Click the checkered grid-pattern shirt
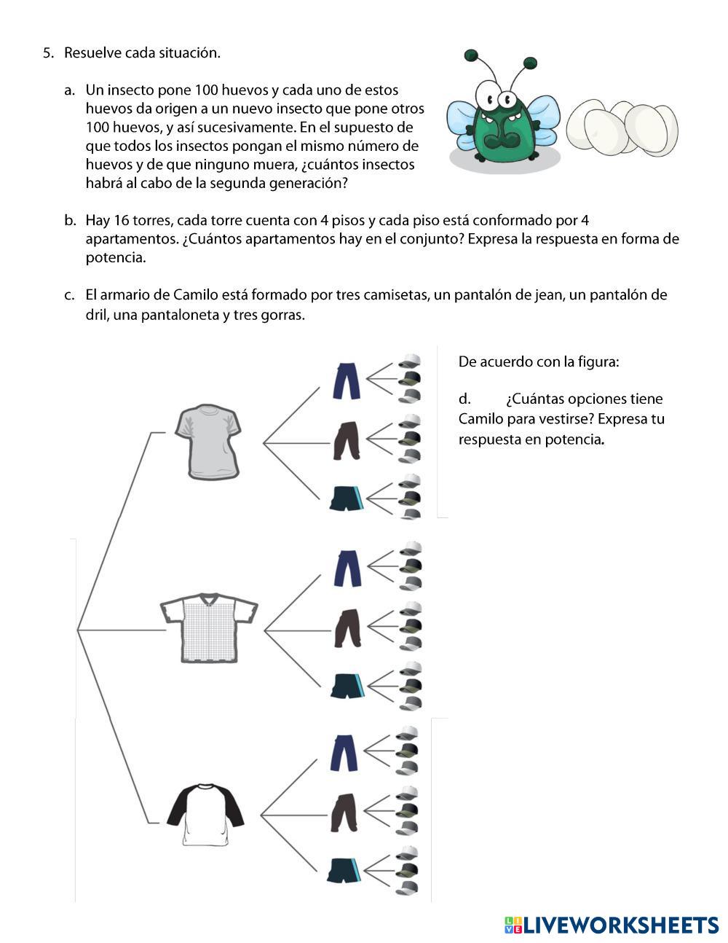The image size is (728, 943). (x=209, y=627)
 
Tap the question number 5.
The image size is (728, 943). (x=47, y=52)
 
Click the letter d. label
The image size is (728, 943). (x=464, y=399)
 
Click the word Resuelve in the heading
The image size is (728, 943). (x=92, y=52)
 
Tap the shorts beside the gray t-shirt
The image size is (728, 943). (x=344, y=500)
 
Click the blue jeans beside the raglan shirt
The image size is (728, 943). (x=345, y=753)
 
